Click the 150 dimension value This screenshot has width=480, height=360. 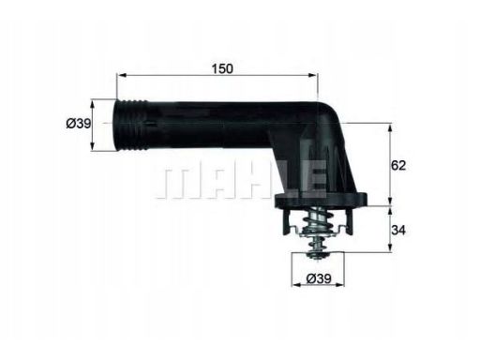pos(222,69)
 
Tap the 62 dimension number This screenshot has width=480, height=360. pos(398,165)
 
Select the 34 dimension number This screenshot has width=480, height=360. pos(398,231)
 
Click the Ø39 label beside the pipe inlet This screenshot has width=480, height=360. pos(79,124)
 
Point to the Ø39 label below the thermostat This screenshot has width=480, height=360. pos(319,278)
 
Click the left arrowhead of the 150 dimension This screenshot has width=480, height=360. pos(121,75)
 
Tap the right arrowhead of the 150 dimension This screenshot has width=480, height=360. pos(313,75)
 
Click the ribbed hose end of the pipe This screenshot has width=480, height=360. pos(130,126)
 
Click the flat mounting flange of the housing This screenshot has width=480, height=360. pos(321,201)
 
